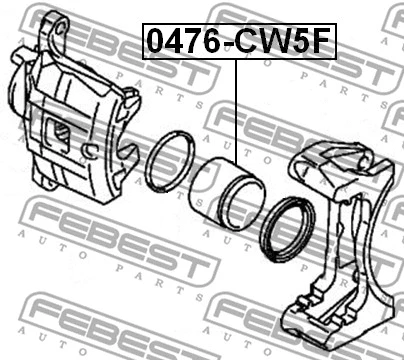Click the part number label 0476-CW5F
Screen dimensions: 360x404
[239, 43]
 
